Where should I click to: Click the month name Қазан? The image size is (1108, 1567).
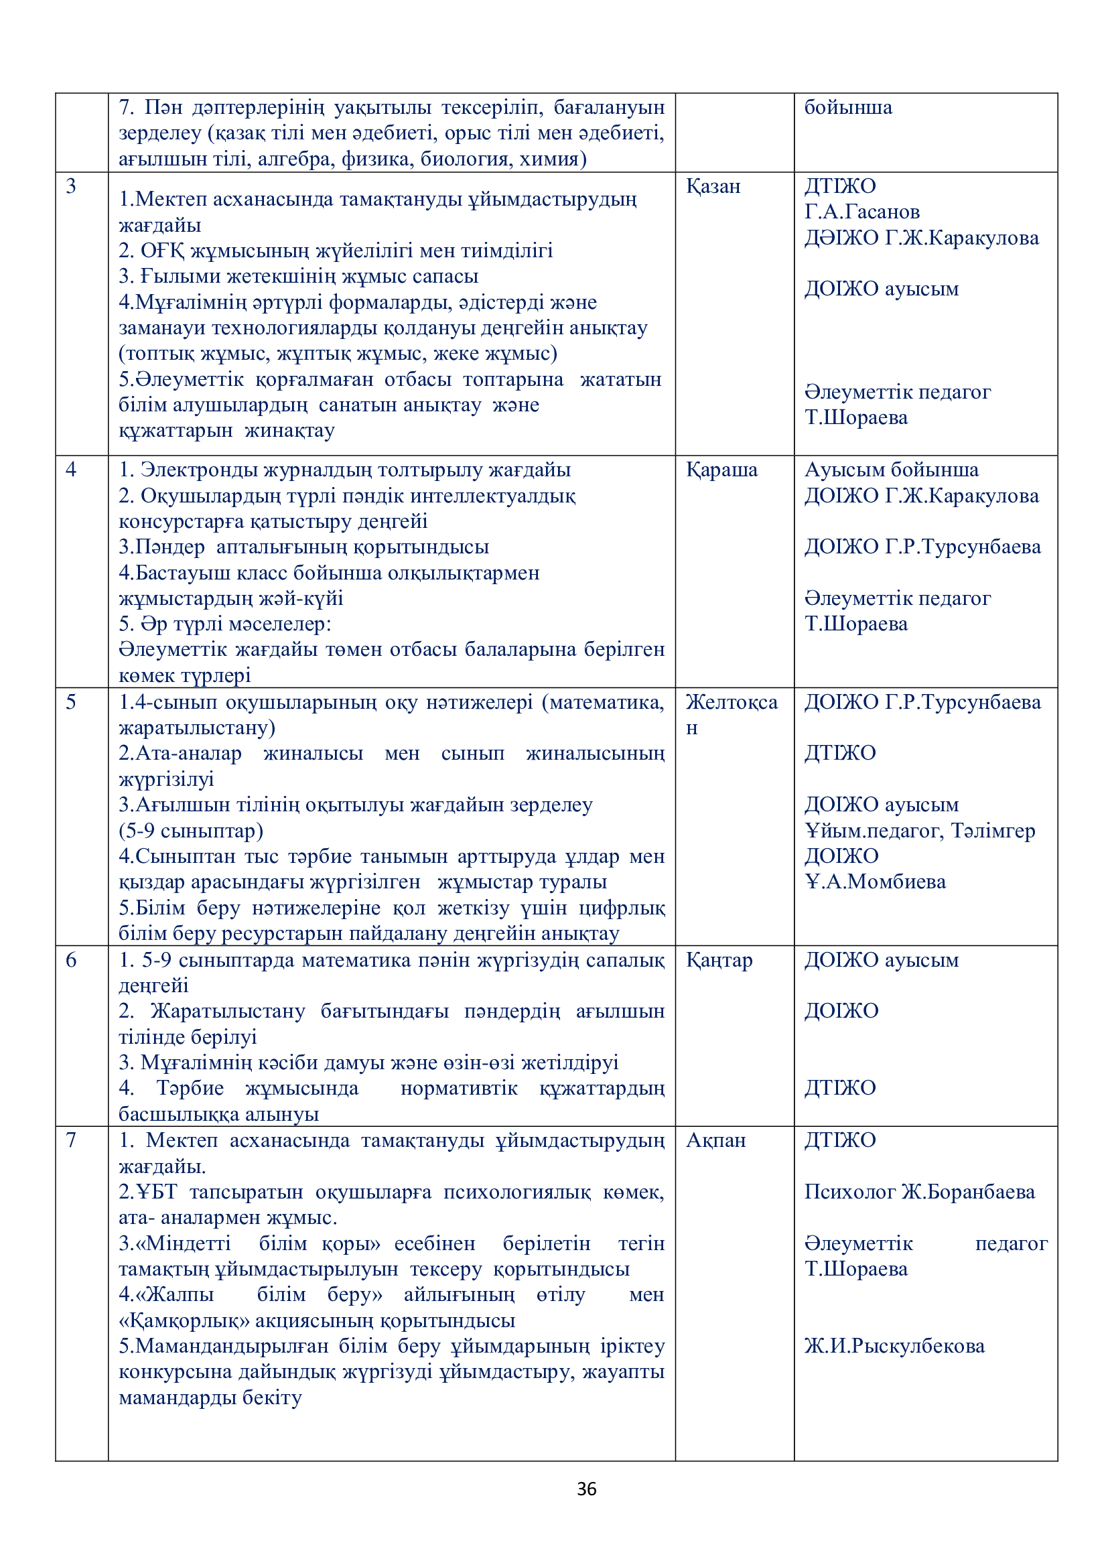point(713,186)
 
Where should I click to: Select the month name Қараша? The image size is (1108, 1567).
point(721,470)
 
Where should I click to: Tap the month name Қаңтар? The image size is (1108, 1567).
point(719,960)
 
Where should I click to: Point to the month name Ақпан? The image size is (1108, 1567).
point(715,1140)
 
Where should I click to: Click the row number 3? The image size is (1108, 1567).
point(71,186)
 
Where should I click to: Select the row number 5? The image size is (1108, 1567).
point(71,702)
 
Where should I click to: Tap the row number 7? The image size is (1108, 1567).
point(71,1140)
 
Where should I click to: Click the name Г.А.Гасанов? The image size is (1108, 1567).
point(861,212)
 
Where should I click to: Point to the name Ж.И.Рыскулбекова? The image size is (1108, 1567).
point(894,1346)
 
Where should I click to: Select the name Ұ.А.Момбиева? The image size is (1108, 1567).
point(876,882)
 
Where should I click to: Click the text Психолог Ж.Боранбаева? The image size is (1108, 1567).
point(919,1192)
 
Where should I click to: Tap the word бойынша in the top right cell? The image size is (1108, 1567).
point(848,108)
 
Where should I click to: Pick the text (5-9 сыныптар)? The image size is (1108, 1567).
point(191,831)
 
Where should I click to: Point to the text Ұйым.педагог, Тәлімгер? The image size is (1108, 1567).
point(920,831)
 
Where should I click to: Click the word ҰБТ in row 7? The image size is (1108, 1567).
point(156,1192)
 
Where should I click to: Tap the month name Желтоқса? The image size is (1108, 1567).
point(732,702)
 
